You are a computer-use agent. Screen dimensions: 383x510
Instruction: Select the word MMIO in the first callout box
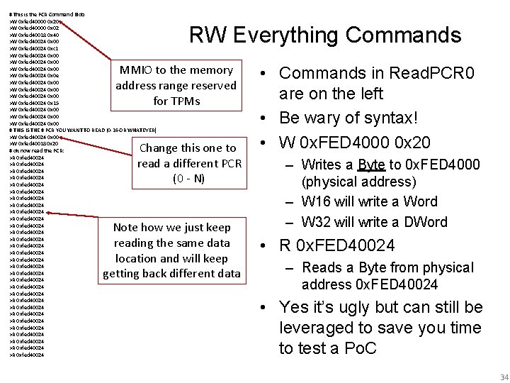(134, 70)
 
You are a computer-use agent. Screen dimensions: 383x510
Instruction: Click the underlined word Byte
(372, 165)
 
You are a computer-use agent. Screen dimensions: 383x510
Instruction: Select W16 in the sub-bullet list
(316, 201)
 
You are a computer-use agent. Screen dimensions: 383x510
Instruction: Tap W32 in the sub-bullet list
(316, 222)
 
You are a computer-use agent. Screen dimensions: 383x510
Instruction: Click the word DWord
(423, 222)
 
